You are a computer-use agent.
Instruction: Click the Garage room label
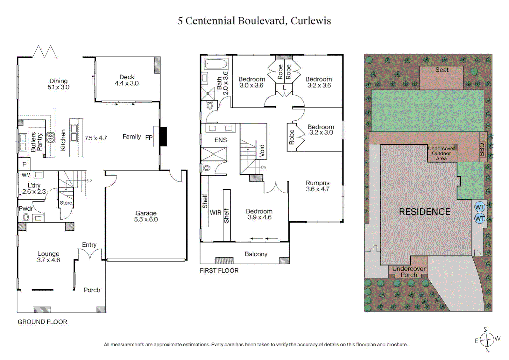(x=146, y=216)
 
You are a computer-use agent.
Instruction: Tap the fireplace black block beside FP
(x=163, y=136)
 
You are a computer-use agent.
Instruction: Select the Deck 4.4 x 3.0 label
(x=127, y=80)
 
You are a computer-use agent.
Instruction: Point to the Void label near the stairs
(x=262, y=151)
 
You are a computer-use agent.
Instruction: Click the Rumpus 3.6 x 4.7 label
(x=317, y=186)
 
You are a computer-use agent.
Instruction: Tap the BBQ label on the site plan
(x=482, y=149)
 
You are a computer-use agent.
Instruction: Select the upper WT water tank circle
(x=480, y=207)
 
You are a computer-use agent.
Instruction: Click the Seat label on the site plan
(x=442, y=70)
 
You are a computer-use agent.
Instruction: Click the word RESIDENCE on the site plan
(x=424, y=212)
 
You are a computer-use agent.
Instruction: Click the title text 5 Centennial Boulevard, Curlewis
(x=254, y=21)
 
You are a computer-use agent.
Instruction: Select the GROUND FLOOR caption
(x=42, y=322)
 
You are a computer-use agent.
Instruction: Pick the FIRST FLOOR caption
(x=219, y=271)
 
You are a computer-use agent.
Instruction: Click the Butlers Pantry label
(x=36, y=142)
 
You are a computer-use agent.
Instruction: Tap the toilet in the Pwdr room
(x=26, y=217)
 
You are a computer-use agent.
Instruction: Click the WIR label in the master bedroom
(x=216, y=212)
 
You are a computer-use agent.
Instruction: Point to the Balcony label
(x=256, y=254)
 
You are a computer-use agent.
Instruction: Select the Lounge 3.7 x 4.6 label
(x=48, y=257)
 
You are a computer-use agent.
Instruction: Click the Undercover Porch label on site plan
(x=409, y=272)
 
